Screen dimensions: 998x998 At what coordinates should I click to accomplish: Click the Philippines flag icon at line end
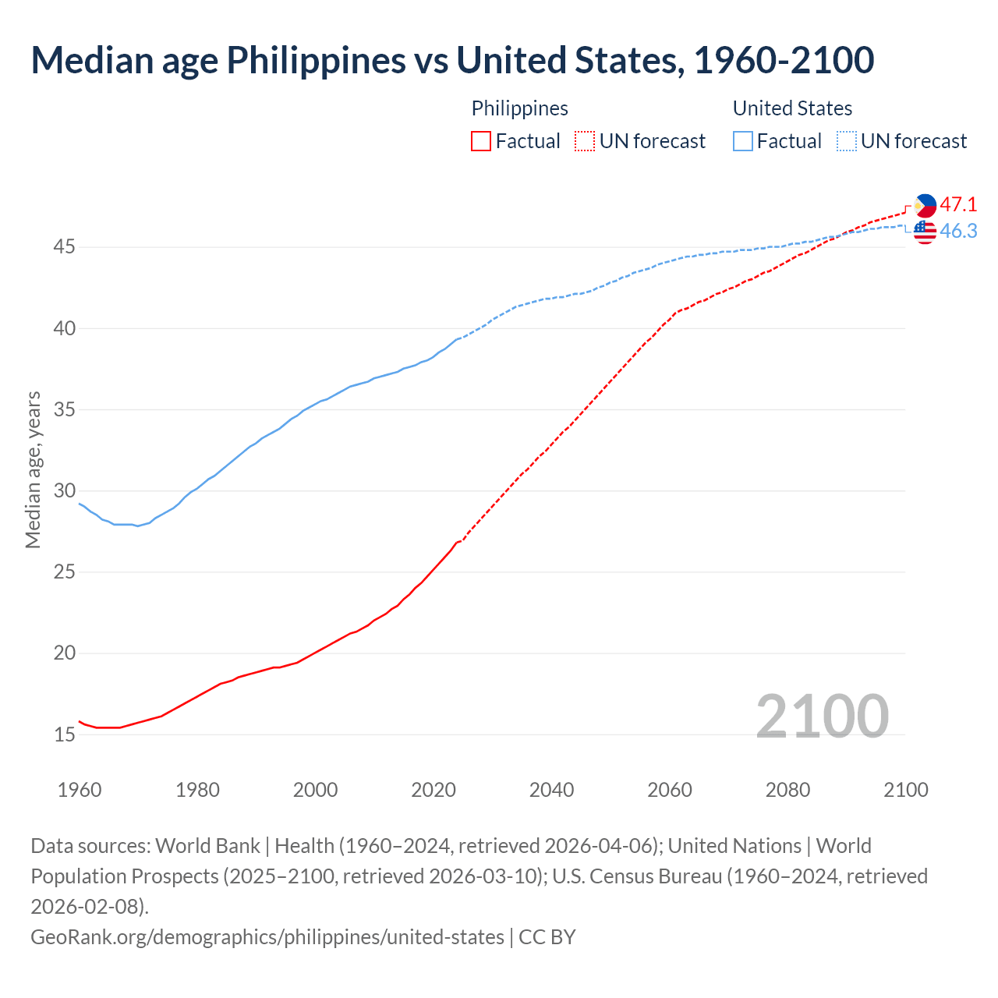(x=925, y=206)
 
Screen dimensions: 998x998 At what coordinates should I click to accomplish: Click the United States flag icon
(x=925, y=232)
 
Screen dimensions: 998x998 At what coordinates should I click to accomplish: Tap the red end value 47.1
(x=958, y=205)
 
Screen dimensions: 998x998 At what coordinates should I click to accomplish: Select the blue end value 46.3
(x=958, y=232)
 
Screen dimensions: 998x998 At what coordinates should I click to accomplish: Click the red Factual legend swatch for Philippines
(x=481, y=141)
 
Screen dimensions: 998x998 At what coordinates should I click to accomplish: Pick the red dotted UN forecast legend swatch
(x=585, y=141)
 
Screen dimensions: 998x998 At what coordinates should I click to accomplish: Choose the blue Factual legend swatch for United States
(x=743, y=141)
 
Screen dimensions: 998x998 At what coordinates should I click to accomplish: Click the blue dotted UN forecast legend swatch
(x=846, y=141)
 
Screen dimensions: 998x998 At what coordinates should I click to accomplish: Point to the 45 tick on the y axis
(x=65, y=247)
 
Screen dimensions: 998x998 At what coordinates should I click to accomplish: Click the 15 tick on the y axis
(x=65, y=734)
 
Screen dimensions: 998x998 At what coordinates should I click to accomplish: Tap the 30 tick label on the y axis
(x=65, y=490)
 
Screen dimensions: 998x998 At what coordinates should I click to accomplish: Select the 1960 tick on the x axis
(x=80, y=790)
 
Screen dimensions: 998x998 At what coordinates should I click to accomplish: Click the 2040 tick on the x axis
(x=551, y=790)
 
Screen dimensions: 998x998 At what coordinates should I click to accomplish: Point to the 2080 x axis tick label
(x=787, y=790)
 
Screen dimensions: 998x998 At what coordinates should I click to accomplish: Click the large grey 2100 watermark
(x=822, y=717)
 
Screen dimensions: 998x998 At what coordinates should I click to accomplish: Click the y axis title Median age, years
(x=33, y=470)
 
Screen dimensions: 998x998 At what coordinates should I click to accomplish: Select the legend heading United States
(x=792, y=108)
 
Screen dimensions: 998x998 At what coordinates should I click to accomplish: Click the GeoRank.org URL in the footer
(x=267, y=936)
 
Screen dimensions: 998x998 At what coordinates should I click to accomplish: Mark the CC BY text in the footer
(x=547, y=936)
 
